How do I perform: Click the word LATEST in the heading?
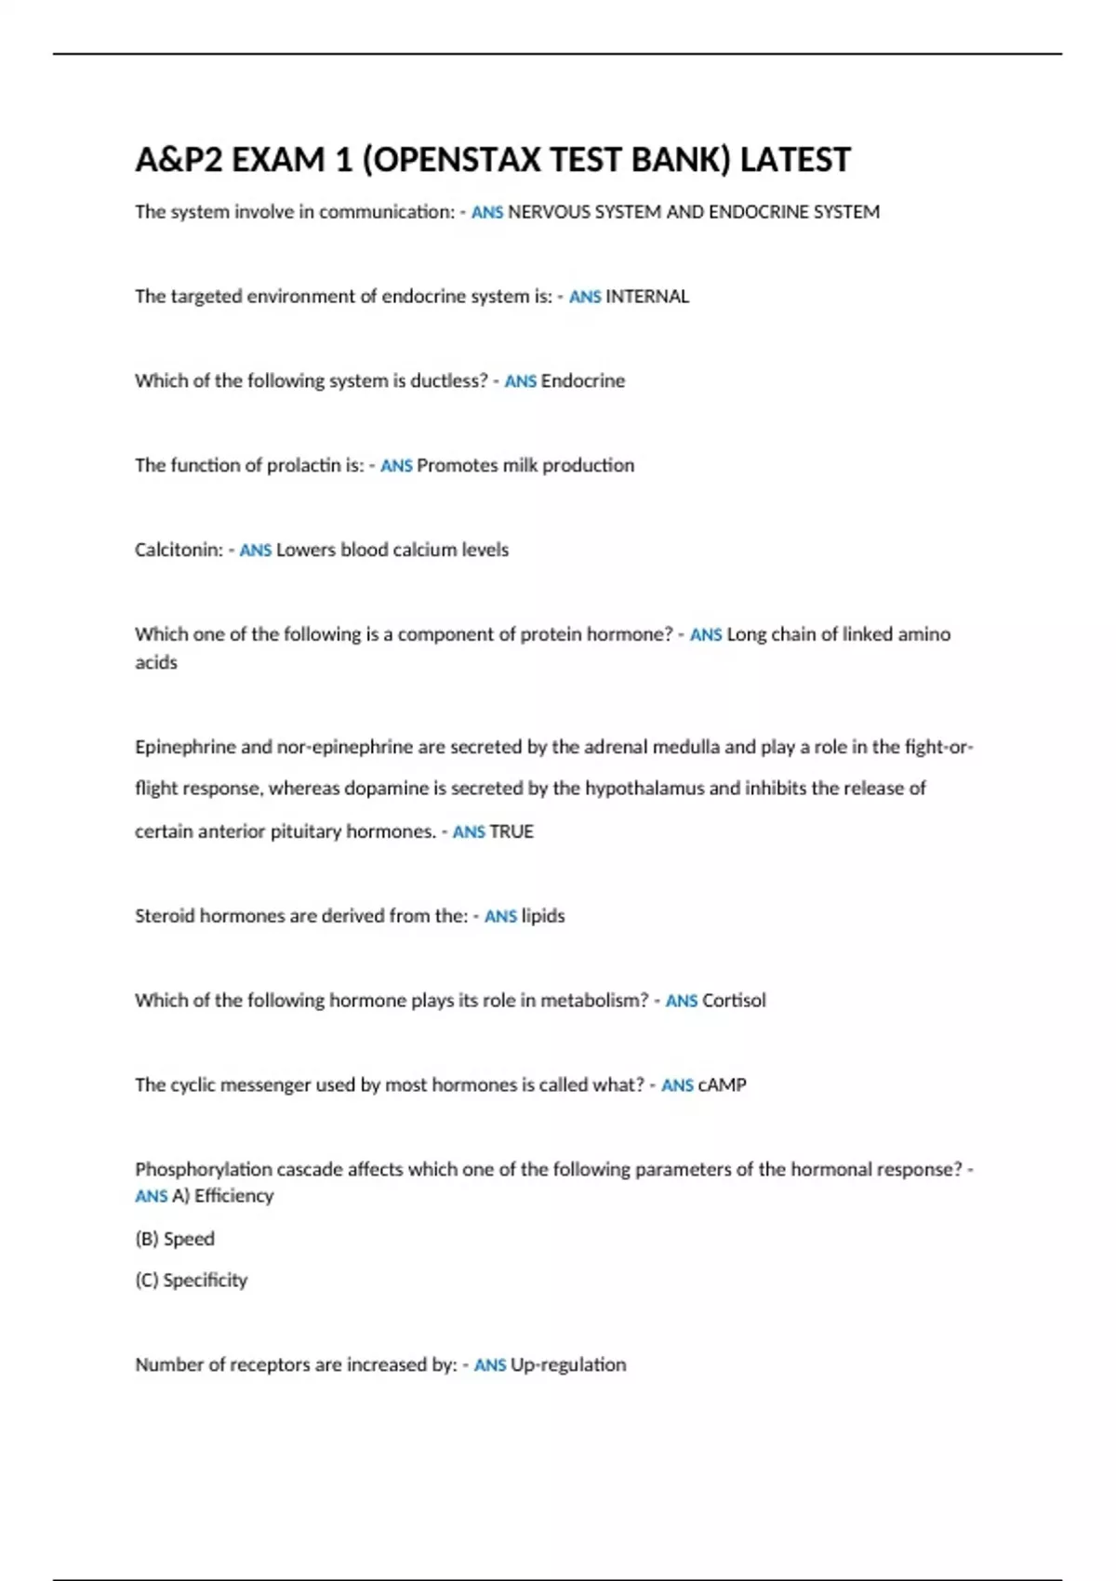(x=795, y=160)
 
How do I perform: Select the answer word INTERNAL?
(x=647, y=297)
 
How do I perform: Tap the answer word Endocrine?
(x=583, y=381)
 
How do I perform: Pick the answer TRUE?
(x=511, y=831)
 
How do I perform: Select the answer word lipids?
(x=543, y=916)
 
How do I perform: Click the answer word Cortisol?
(x=734, y=1001)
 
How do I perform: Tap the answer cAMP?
(x=722, y=1085)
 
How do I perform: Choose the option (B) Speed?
(x=175, y=1239)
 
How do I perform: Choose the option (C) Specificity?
(x=192, y=1281)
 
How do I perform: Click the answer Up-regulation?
(x=568, y=1365)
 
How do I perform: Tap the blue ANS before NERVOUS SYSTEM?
(x=487, y=213)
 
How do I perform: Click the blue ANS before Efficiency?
(x=151, y=1197)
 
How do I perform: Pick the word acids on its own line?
(x=156, y=663)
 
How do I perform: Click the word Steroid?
(x=165, y=916)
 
